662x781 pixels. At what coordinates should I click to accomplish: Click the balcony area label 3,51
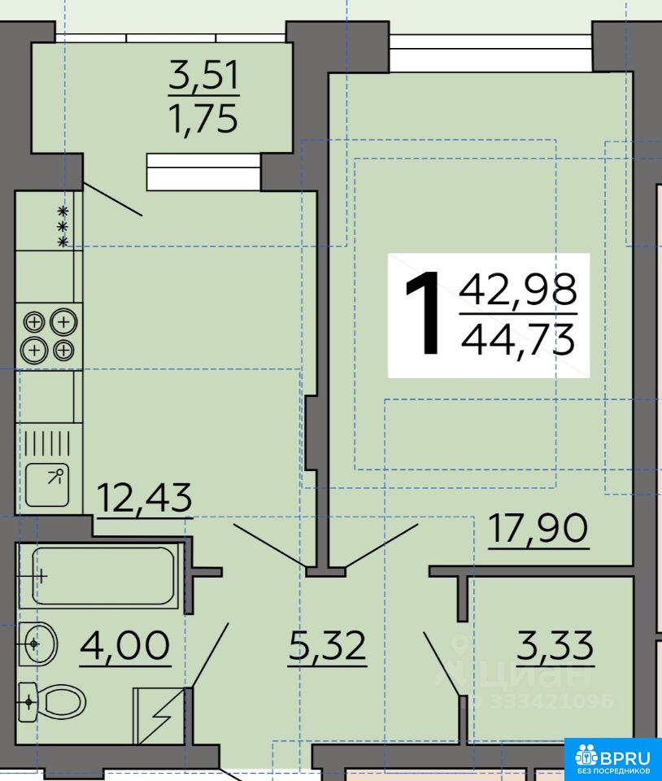204,76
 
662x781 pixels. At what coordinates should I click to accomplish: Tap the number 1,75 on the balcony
204,119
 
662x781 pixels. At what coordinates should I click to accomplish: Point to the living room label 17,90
538,528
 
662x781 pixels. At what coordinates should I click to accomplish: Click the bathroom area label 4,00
125,645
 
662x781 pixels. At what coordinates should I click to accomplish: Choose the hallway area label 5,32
328,645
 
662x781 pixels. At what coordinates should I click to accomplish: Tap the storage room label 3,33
555,645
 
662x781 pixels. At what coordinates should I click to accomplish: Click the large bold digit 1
423,313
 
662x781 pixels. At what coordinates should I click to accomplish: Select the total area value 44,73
518,339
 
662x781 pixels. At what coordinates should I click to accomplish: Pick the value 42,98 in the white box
518,290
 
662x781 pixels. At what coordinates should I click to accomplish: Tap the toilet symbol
52,702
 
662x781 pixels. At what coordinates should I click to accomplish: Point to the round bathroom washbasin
38,644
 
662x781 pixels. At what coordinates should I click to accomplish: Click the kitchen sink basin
47,485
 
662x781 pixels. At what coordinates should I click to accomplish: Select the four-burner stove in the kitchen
49,336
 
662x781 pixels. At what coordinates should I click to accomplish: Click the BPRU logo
613,759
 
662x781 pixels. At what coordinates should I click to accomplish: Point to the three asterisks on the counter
63,227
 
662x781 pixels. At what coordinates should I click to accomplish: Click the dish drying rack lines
47,443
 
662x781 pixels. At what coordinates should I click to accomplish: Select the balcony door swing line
113,199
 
